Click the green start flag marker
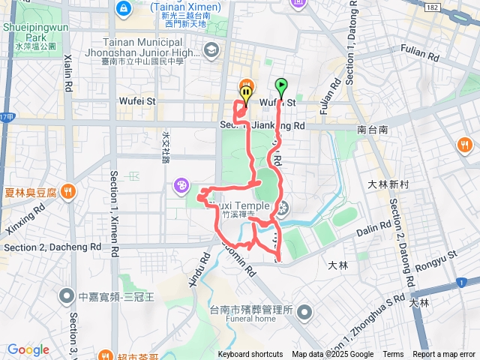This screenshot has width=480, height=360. pyautogui.click(x=281, y=86)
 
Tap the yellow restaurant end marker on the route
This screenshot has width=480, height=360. pyautogui.click(x=245, y=89)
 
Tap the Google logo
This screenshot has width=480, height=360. pyautogui.click(x=28, y=349)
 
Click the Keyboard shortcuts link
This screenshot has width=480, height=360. pyautogui.click(x=250, y=355)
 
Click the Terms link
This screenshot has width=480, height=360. pyautogui.click(x=393, y=355)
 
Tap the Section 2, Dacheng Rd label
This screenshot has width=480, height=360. pyautogui.click(x=52, y=247)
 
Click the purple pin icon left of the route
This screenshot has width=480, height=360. pyautogui.click(x=181, y=184)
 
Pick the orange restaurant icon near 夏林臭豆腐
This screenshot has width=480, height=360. pyautogui.click(x=68, y=191)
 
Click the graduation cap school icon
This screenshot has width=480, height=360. pyautogui.click(x=211, y=49)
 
